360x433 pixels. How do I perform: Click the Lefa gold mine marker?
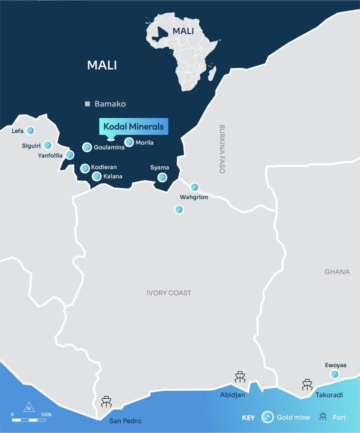point(30,131)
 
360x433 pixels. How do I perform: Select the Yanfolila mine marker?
point(69,155)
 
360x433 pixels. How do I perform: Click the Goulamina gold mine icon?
point(87,147)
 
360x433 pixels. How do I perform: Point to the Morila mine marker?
point(129,142)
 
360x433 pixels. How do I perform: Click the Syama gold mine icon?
point(162,178)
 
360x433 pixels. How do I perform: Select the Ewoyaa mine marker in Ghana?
point(334,374)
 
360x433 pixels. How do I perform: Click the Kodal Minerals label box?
point(133,127)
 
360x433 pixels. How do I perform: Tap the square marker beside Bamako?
point(88,104)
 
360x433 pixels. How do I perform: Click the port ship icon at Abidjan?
point(240,378)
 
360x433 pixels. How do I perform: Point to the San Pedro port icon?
point(106,402)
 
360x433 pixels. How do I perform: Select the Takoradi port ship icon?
point(307,385)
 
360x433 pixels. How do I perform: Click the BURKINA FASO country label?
point(222,149)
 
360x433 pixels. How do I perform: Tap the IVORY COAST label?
point(169,293)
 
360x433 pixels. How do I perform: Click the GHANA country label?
point(337,272)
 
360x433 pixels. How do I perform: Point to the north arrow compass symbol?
point(28,408)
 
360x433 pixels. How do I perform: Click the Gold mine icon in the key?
point(268,417)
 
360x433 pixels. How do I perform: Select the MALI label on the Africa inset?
point(183,31)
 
